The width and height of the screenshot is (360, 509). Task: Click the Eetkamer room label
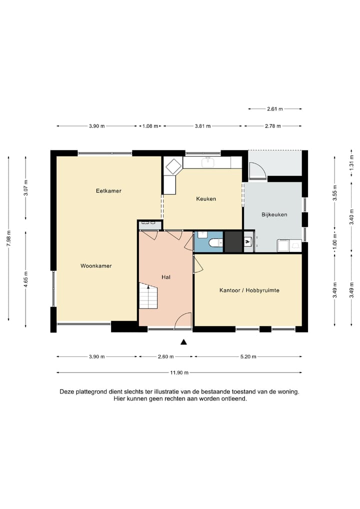[x=108, y=191]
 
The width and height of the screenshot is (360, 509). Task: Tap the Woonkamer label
[x=96, y=266]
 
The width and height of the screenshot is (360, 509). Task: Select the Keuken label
[x=206, y=198]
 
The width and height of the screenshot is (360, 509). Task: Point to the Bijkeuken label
[x=274, y=214]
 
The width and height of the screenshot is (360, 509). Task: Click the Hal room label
[x=166, y=277]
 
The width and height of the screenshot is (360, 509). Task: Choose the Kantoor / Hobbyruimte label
[x=249, y=290]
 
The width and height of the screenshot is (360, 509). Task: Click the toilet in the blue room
[x=214, y=242]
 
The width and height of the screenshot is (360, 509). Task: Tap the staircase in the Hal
[x=148, y=295]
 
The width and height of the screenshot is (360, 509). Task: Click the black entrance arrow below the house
[x=183, y=342]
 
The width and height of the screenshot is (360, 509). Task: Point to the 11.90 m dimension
[x=179, y=372]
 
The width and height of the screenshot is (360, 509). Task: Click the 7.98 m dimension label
[x=9, y=238]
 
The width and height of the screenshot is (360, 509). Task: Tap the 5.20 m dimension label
[x=248, y=357]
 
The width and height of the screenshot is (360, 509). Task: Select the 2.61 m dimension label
[x=275, y=109]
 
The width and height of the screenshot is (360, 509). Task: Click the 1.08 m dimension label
[x=150, y=126]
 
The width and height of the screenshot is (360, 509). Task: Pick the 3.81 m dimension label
[x=202, y=126]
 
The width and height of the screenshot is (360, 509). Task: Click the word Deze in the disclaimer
[x=66, y=392]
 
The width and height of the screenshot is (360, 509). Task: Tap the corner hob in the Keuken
[x=173, y=166]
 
